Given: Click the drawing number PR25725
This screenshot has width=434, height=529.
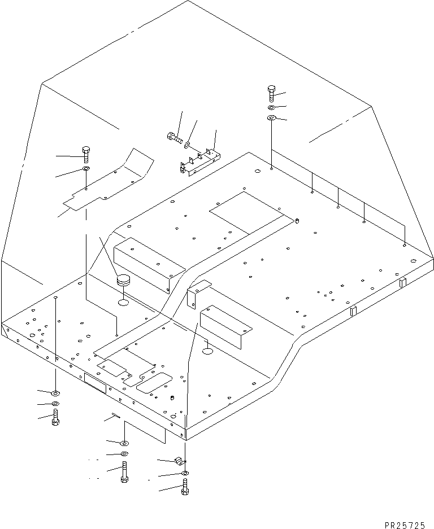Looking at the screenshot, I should [404, 524].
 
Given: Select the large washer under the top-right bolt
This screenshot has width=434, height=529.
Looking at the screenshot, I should [271, 118].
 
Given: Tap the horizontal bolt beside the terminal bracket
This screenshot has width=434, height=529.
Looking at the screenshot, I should [173, 136].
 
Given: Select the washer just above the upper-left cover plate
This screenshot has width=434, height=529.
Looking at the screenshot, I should [85, 169].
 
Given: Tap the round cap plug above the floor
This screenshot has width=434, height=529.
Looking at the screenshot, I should [123, 280].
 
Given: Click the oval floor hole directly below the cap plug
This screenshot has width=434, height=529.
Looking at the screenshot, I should [123, 303].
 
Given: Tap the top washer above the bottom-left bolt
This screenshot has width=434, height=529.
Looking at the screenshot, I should [55, 392].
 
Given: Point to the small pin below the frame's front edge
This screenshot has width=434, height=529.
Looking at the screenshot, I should [115, 417].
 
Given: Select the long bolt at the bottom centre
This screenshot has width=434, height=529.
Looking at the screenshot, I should [124, 472].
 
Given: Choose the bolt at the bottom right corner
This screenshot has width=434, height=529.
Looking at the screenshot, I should [185, 487].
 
